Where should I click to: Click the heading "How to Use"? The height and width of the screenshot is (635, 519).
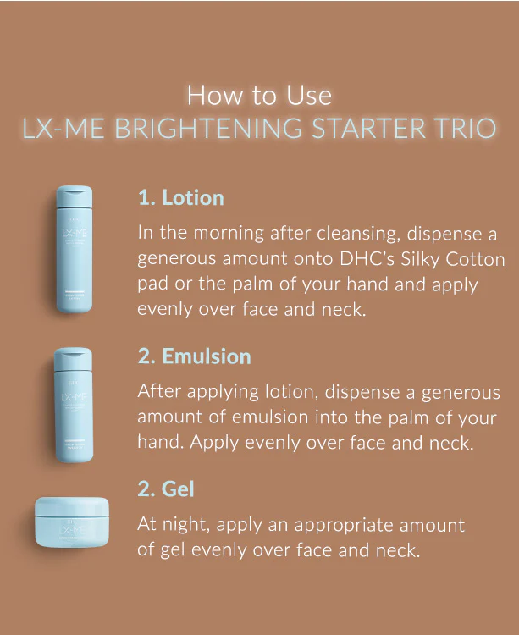coord(259,94)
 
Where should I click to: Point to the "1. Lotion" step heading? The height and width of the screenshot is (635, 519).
coord(180,198)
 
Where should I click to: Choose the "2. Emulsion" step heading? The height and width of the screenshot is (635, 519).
coord(194,356)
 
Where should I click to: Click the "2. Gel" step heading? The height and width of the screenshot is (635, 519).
coord(166,489)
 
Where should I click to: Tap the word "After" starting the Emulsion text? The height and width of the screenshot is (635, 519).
coord(161,391)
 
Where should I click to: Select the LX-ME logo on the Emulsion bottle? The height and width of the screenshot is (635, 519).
coord(74,398)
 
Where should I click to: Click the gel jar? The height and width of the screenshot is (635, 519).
coord(72,522)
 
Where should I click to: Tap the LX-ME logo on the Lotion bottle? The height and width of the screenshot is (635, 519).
coord(74,235)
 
